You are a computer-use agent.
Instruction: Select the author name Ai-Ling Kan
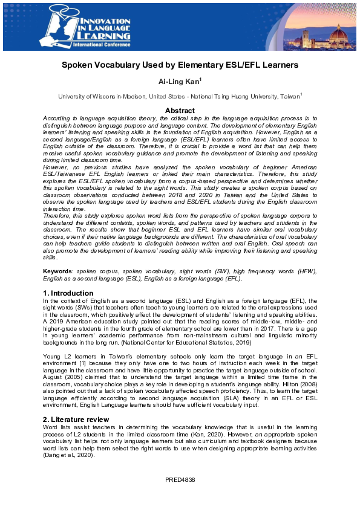tap(179, 81)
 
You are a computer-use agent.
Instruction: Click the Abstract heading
tap(180, 111)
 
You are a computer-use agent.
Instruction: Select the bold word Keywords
tap(58, 272)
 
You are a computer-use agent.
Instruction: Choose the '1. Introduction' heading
tap(68, 293)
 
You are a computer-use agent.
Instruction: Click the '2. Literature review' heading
tap(77, 419)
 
